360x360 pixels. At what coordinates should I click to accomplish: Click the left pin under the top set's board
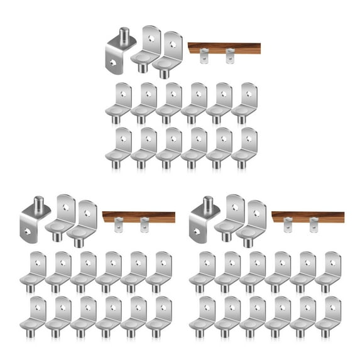pyautogui.click(x=202, y=58)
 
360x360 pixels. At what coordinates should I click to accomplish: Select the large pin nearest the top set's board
pyautogui.click(x=166, y=53)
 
